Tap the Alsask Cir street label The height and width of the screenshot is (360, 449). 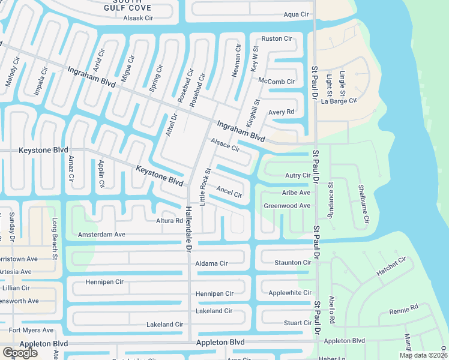point(139,19)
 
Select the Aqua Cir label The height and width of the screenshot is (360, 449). point(296,14)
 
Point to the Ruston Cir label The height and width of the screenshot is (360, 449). point(277,39)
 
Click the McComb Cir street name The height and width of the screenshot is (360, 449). point(276,82)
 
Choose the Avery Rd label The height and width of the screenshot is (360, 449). point(281,112)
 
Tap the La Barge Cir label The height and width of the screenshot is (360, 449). point(339,101)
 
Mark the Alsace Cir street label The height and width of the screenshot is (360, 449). point(225,144)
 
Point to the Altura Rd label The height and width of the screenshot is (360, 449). point(169,221)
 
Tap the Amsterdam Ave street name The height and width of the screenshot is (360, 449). point(101,234)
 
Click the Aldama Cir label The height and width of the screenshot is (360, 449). point(211,263)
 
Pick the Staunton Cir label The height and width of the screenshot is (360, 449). point(293,263)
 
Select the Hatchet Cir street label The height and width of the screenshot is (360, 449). point(391,266)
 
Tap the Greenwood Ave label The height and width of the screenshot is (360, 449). point(287,206)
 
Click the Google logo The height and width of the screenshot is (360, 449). point(20,353)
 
